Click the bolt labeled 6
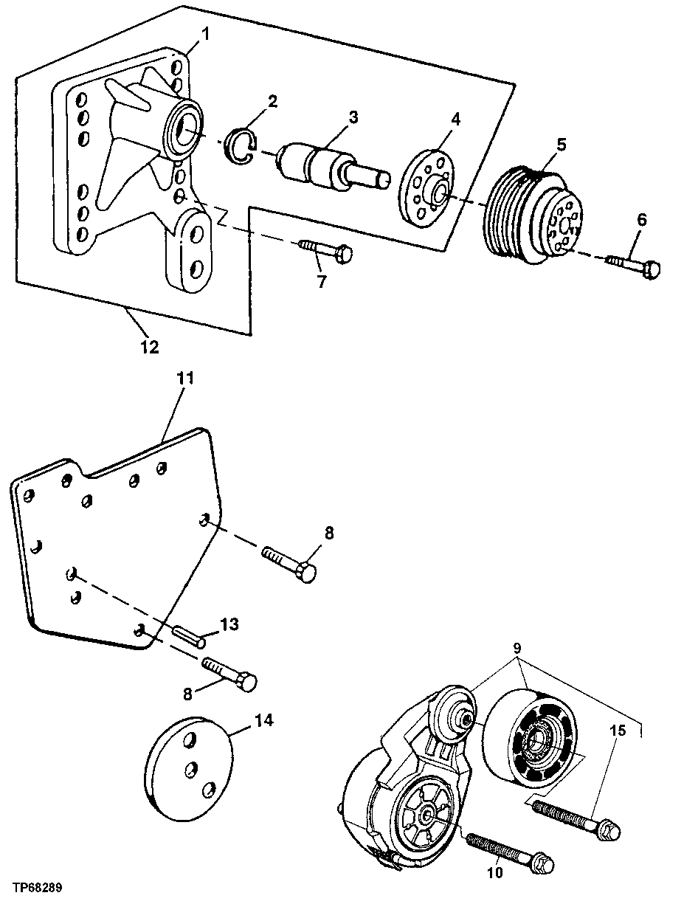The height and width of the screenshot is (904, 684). tap(632, 266)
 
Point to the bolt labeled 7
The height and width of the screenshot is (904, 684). tap(325, 250)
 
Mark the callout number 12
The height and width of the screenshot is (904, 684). tap(150, 346)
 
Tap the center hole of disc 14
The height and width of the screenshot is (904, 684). tap(190, 768)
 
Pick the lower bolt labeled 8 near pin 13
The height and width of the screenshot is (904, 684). tap(229, 673)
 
